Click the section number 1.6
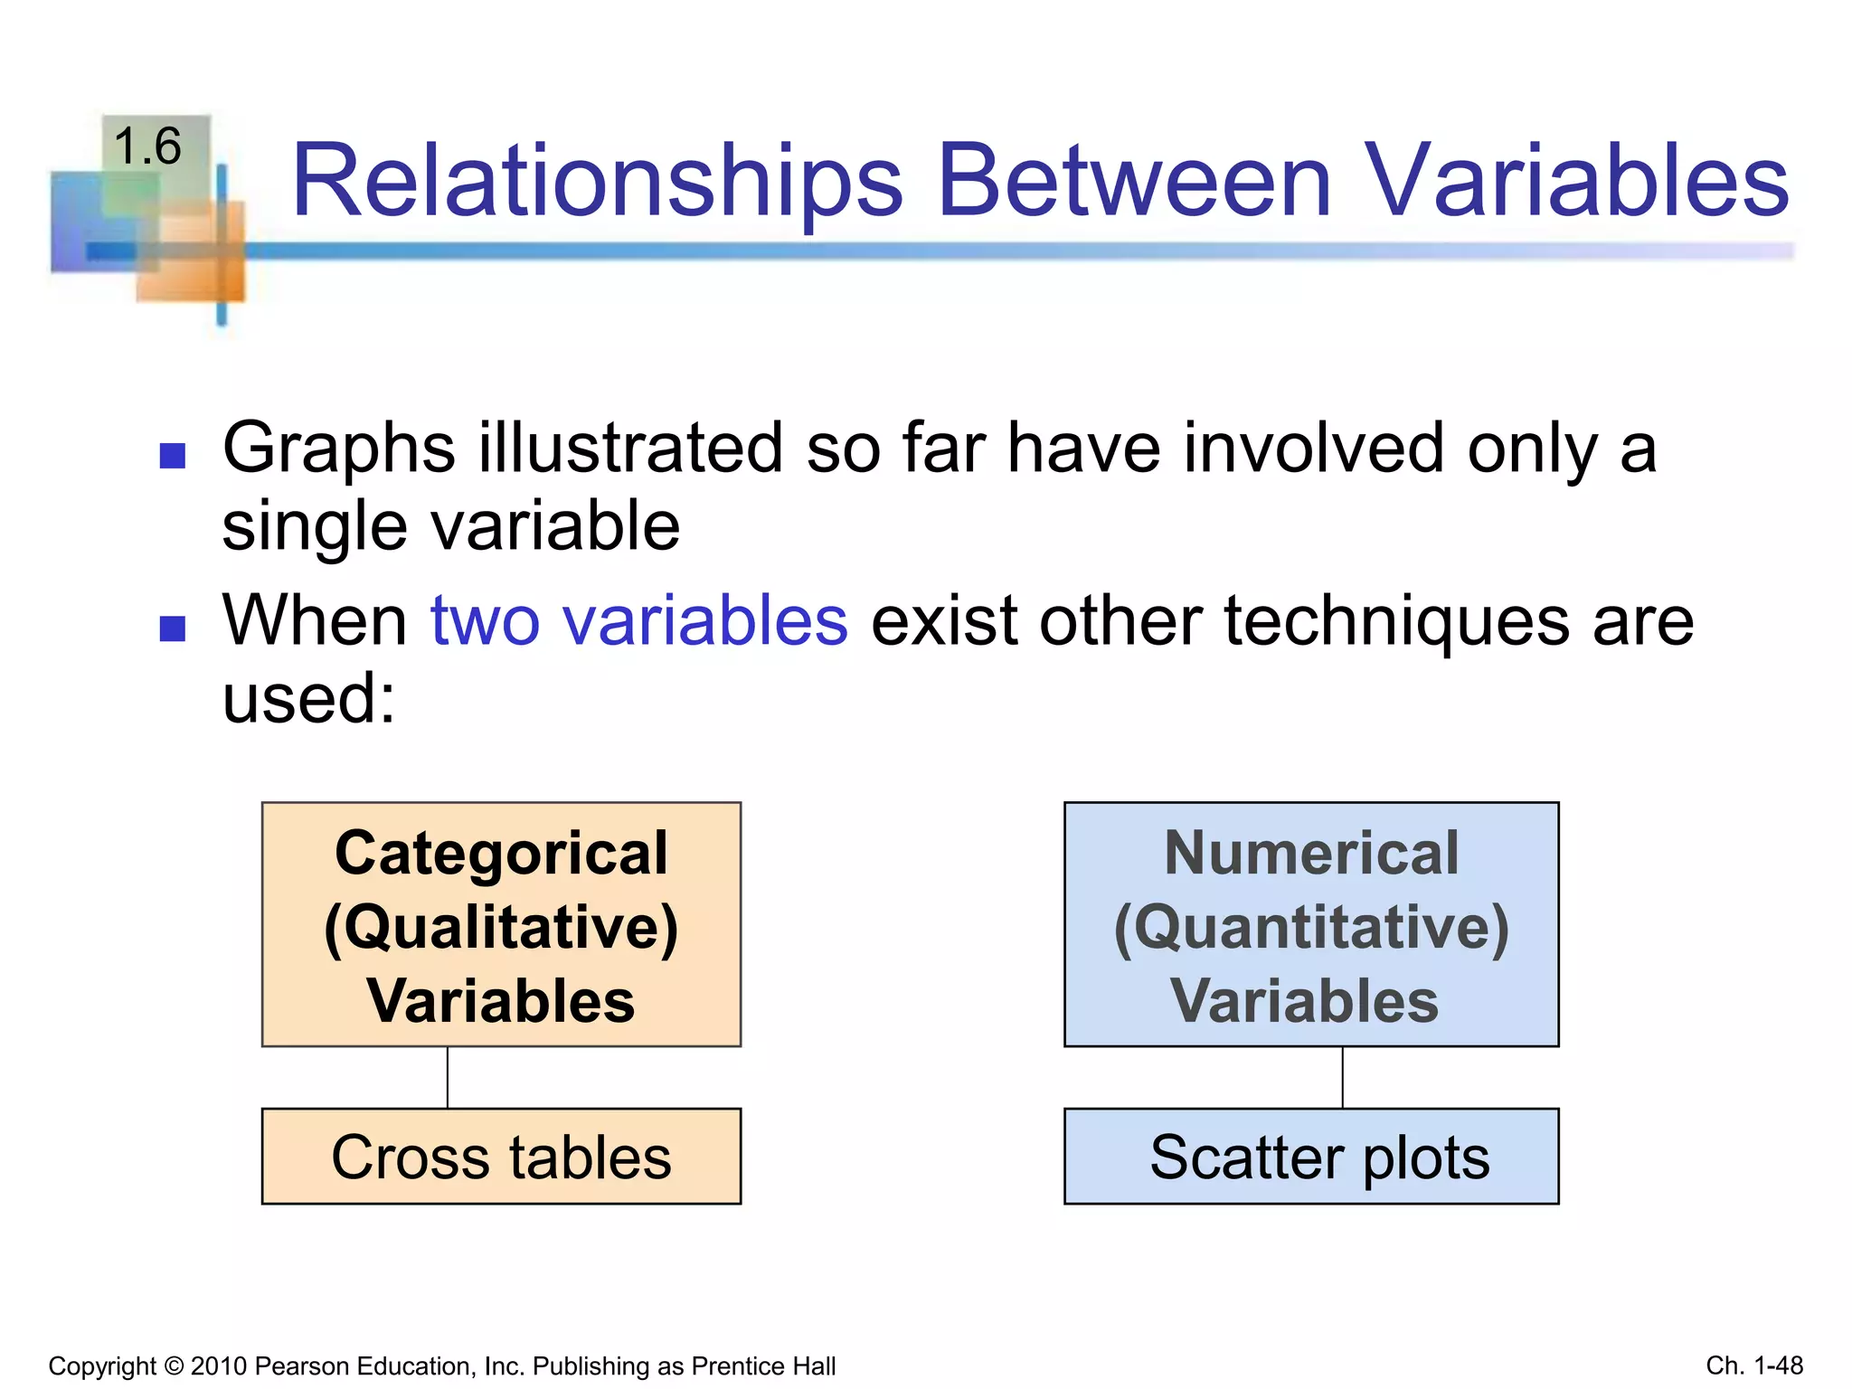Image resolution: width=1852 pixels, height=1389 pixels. coord(147,146)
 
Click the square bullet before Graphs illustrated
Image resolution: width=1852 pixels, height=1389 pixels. coord(172,455)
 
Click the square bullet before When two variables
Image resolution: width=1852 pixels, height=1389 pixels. coord(172,628)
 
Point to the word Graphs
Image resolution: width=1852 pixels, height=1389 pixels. coord(338,449)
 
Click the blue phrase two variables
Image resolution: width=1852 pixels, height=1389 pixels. coord(639,621)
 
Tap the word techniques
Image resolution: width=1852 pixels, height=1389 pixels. coord(1396,621)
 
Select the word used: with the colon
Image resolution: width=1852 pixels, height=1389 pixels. coord(309,699)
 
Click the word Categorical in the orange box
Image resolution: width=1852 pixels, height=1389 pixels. coord(501,854)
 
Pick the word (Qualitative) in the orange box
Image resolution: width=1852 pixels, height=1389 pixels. coord(501,928)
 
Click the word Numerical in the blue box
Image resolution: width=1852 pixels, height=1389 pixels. coord(1311,854)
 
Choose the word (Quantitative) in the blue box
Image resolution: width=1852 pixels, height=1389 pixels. coord(1311,928)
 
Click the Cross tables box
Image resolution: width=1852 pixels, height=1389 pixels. coord(501,1157)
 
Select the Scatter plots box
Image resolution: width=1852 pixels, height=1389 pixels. coord(1311,1157)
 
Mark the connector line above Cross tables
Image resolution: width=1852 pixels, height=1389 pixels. coord(448,1077)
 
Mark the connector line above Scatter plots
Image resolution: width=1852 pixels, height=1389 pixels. coord(1342,1077)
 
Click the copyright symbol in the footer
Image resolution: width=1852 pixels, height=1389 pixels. coord(174,1366)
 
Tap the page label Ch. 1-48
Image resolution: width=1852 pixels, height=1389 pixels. coord(1754,1365)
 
